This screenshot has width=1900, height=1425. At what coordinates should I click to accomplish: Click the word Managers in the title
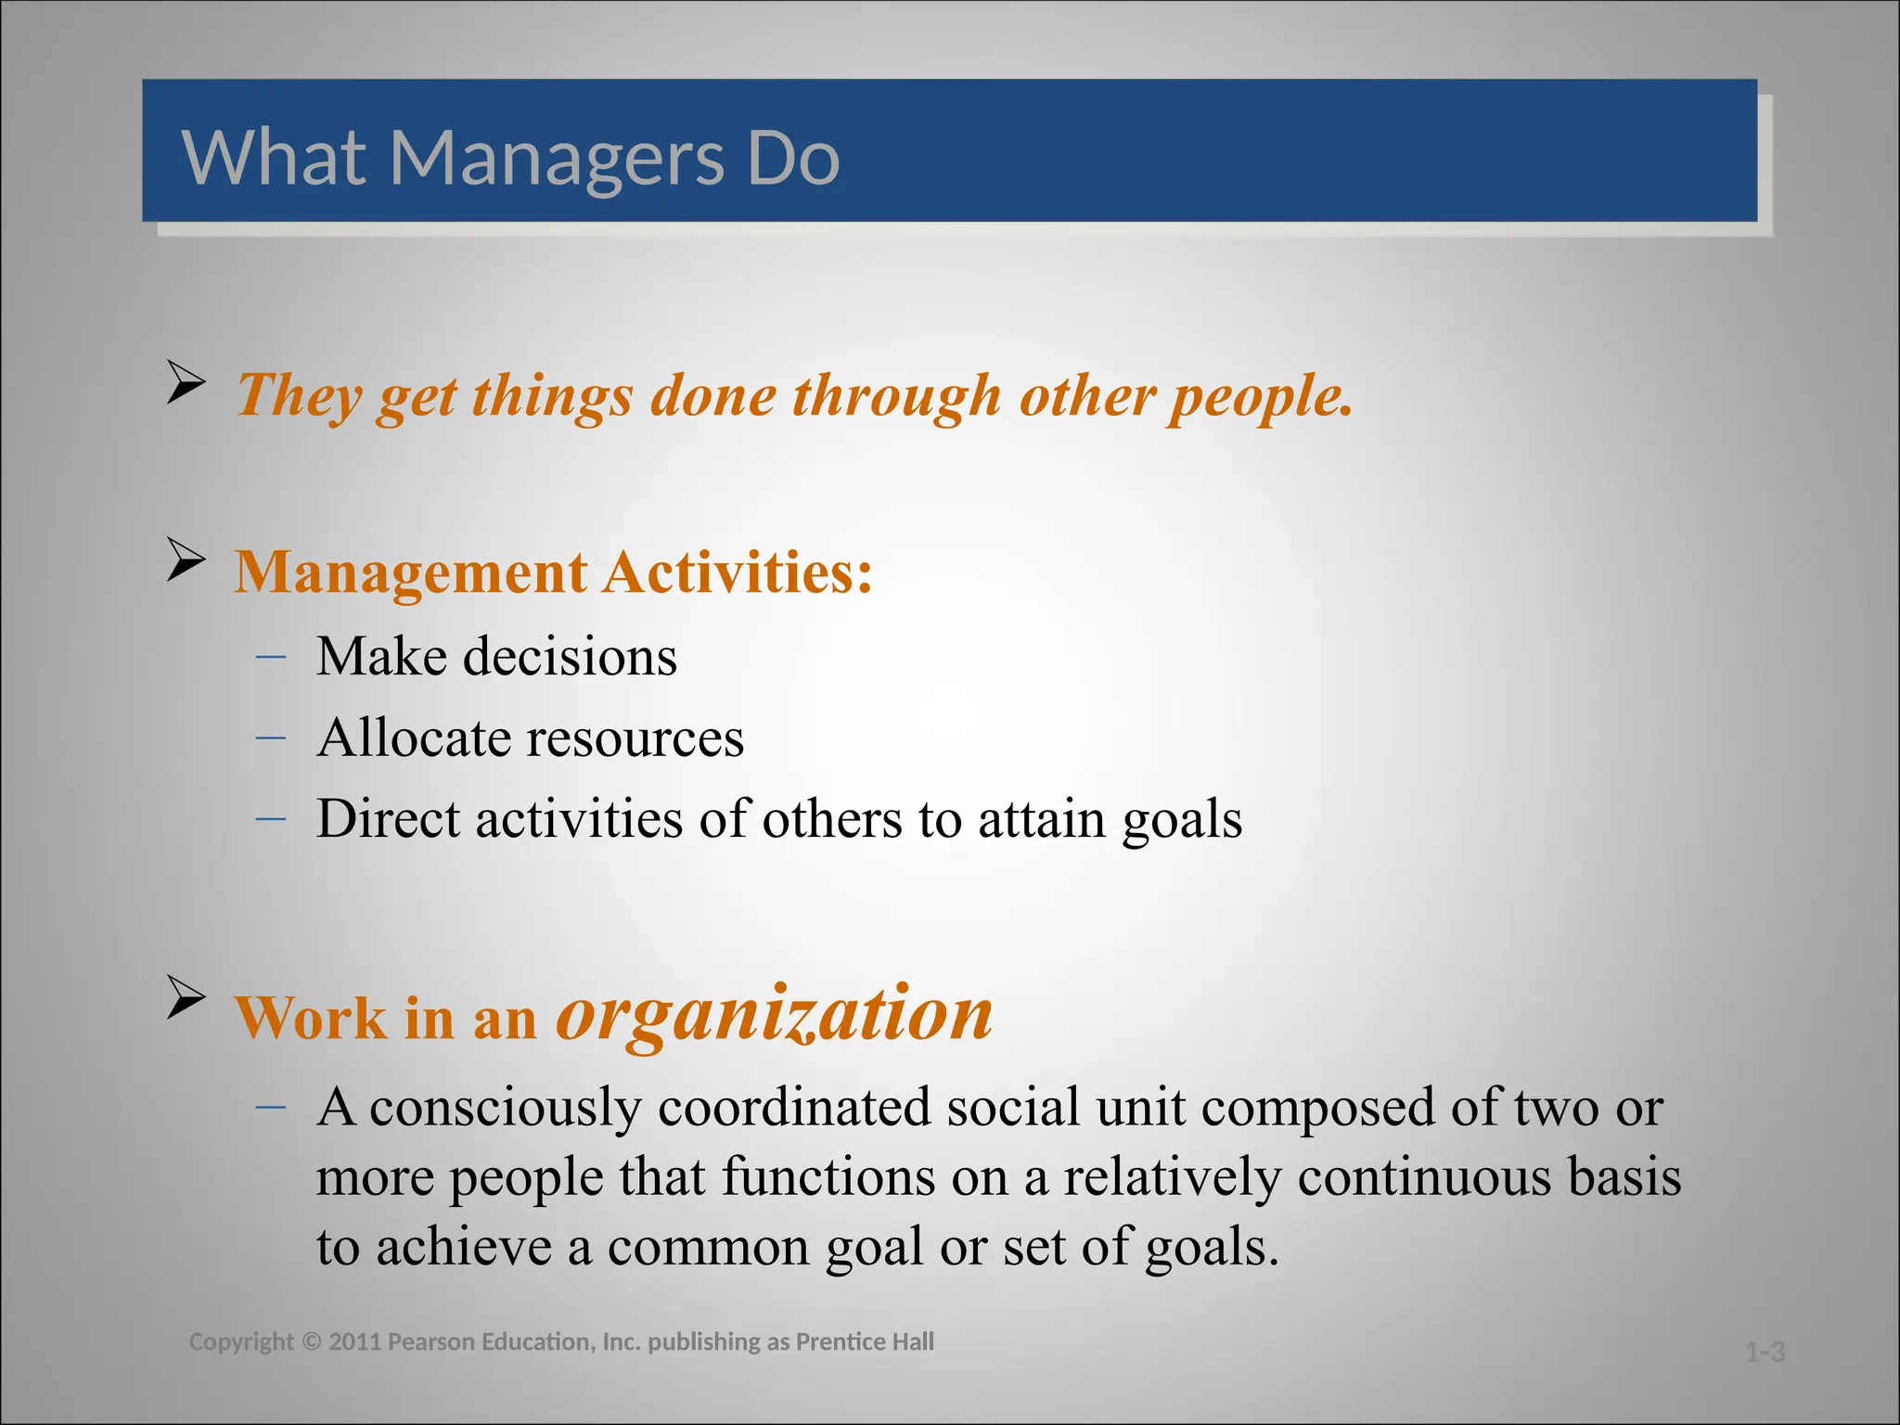pyautogui.click(x=557, y=158)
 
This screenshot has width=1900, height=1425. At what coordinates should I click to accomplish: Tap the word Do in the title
pyautogui.click(x=793, y=158)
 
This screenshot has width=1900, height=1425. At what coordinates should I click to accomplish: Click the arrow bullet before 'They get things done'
pyautogui.click(x=186, y=382)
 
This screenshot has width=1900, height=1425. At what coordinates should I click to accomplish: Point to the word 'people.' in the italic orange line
pyautogui.click(x=1261, y=397)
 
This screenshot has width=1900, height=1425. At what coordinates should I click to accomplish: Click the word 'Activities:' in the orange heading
pyautogui.click(x=738, y=571)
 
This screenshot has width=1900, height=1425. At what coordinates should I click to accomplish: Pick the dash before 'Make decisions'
pyautogui.click(x=270, y=657)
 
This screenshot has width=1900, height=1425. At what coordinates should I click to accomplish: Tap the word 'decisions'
pyautogui.click(x=570, y=657)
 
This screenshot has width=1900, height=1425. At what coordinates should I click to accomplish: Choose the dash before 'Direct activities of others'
pyautogui.click(x=270, y=819)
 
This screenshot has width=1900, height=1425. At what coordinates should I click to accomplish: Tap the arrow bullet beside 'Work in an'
pyautogui.click(x=186, y=997)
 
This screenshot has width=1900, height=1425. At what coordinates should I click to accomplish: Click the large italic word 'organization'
pyautogui.click(x=774, y=1013)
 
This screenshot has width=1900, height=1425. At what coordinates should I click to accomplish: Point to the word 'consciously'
pyautogui.click(x=506, y=1109)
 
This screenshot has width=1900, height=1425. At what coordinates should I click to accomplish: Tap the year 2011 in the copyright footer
pyautogui.click(x=354, y=1342)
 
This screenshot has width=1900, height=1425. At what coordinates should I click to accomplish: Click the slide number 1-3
pyautogui.click(x=1765, y=1353)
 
